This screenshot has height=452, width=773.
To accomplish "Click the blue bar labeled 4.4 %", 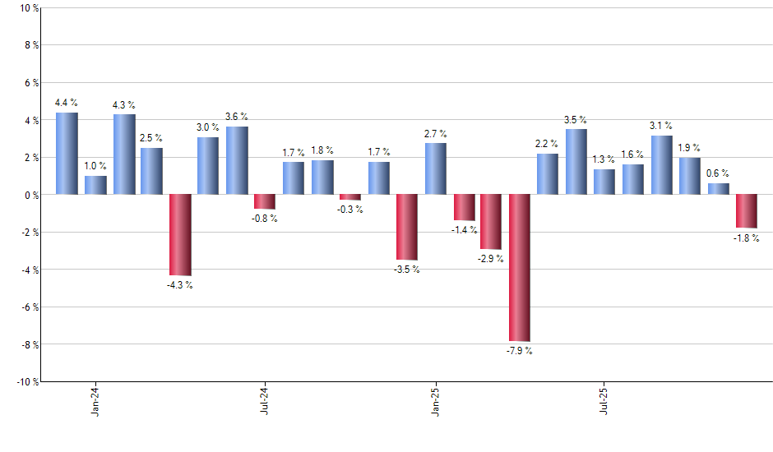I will click(x=67, y=154).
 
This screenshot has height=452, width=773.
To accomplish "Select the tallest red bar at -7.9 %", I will click(x=520, y=268).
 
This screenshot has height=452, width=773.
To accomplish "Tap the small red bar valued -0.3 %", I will click(x=349, y=197).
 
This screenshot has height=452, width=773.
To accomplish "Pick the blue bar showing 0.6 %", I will click(x=718, y=189).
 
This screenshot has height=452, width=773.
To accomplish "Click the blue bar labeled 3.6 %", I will click(x=237, y=160).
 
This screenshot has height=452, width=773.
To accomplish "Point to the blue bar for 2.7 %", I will click(x=435, y=168).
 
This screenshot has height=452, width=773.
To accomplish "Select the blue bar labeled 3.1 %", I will click(x=661, y=165).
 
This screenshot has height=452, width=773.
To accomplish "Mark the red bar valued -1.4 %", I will click(x=464, y=208).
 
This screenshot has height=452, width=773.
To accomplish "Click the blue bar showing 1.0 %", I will click(x=95, y=185).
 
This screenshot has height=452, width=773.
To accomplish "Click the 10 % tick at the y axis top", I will click(x=28, y=8).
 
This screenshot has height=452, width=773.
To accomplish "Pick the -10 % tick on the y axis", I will click(x=26, y=381).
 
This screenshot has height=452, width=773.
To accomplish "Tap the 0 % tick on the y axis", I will click(x=30, y=195).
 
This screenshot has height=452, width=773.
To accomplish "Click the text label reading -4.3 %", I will click(x=179, y=285).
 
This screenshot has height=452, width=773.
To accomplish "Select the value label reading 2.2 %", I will click(x=547, y=144).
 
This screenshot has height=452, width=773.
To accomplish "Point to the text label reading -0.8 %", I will click(x=265, y=219).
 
